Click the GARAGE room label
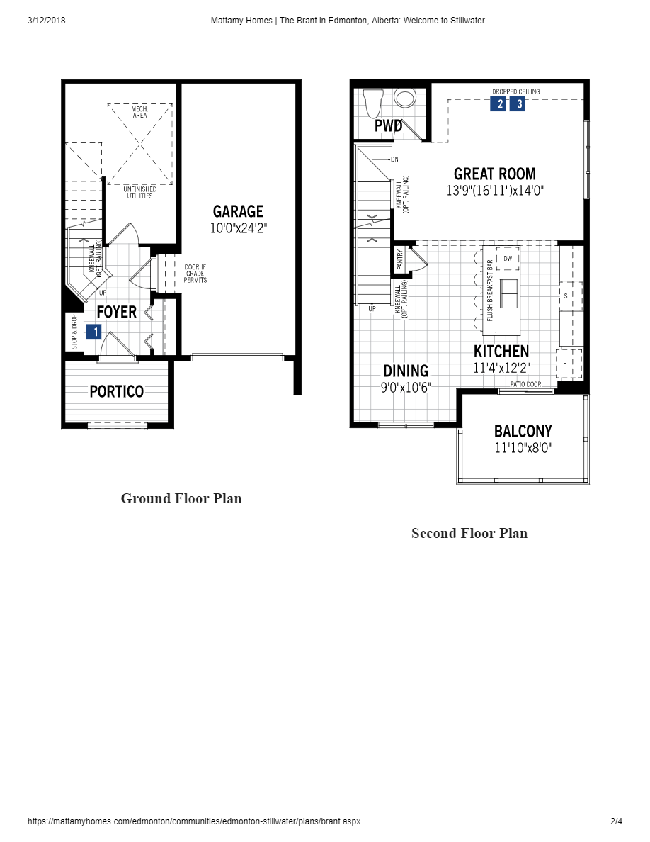[238, 211]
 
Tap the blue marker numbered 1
[93, 331]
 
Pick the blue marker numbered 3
[518, 104]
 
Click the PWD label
[388, 127]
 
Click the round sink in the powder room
[406, 98]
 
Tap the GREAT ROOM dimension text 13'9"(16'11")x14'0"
[495, 191]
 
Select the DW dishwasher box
[508, 259]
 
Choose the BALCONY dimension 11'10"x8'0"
[523, 448]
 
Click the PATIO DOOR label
[525, 384]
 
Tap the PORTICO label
[116, 391]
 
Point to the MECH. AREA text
[139, 112]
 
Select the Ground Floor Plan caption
[181, 498]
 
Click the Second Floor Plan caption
[469, 533]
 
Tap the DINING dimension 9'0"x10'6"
[406, 388]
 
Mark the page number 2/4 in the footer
[616, 821]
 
